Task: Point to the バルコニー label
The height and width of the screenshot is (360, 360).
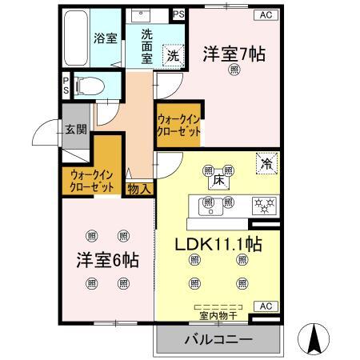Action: tap(218, 340)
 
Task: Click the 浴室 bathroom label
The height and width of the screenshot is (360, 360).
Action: tap(104, 38)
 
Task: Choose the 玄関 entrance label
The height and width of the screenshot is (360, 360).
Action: tap(76, 130)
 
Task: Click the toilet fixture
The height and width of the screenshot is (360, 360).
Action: tap(90, 83)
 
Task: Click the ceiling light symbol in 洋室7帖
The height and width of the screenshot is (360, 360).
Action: tap(234, 70)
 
